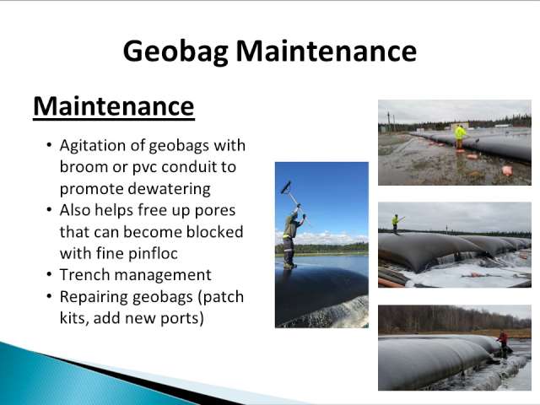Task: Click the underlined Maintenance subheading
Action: [114, 107]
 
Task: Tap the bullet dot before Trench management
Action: [50, 275]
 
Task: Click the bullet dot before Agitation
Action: [50, 145]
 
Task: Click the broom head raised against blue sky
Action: [286, 187]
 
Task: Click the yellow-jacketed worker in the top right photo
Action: [460, 137]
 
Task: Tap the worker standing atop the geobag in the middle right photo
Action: [396, 224]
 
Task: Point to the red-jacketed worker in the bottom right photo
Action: [503, 343]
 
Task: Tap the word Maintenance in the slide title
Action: [327, 51]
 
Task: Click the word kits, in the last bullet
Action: [74, 318]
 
